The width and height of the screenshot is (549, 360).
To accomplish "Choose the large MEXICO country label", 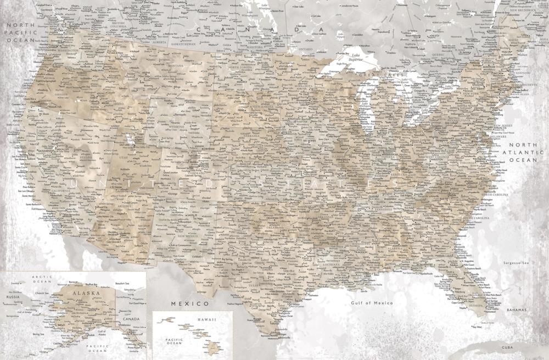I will (x=189, y=303).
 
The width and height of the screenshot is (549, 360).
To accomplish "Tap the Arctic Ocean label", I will (x=42, y=280).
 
